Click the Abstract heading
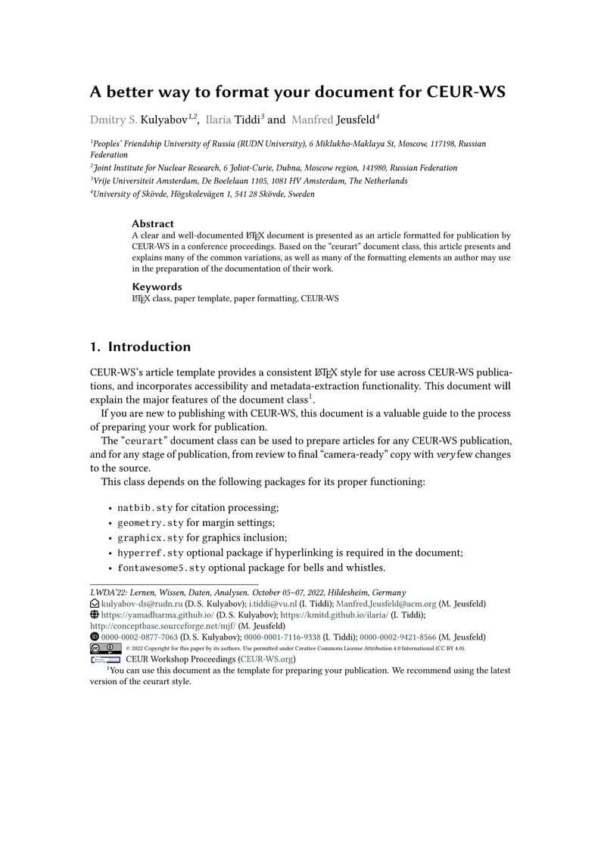click(153, 224)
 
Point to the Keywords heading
click(157, 287)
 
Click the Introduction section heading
click(149, 347)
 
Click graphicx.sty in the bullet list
click(151, 538)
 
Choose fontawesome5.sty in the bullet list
click(161, 568)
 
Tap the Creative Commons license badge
click(105, 648)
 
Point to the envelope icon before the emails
click(95, 604)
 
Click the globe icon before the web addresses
click(95, 615)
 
